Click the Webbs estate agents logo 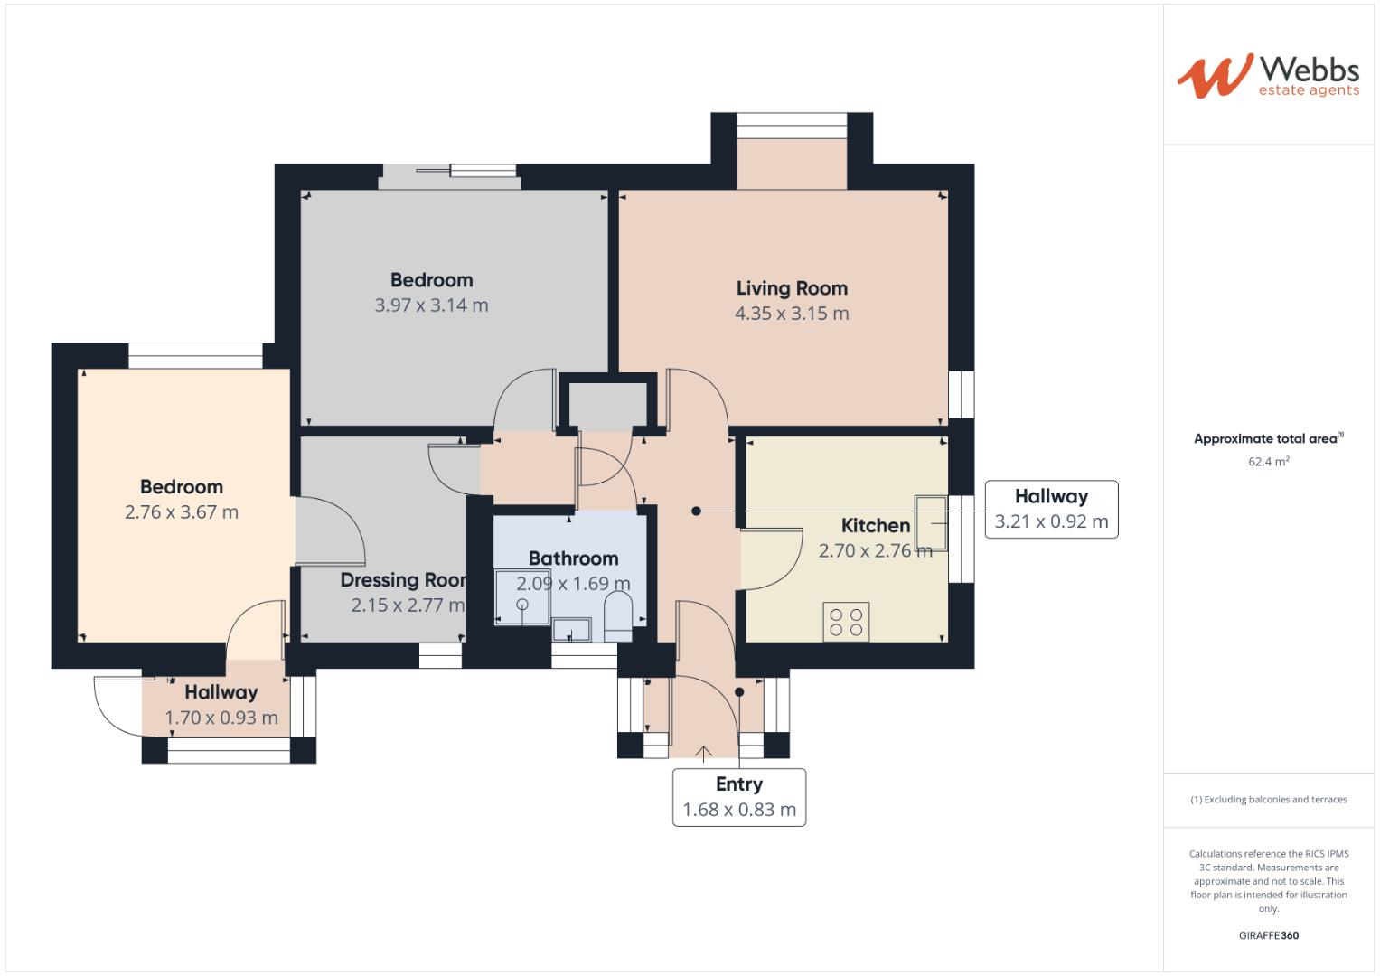[1268, 76]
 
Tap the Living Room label [792, 288]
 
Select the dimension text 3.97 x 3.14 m [431, 305]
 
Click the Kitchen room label [875, 525]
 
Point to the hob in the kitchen [846, 622]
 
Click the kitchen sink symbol [931, 523]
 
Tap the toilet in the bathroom [618, 615]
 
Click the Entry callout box [738, 797]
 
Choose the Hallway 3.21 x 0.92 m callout [1051, 510]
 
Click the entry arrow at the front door [703, 750]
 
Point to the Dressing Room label [403, 580]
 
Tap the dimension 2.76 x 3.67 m [182, 512]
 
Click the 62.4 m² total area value [1268, 462]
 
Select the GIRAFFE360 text [1268, 935]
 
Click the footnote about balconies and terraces [1268, 800]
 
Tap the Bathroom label [573, 558]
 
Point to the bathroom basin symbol [571, 628]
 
